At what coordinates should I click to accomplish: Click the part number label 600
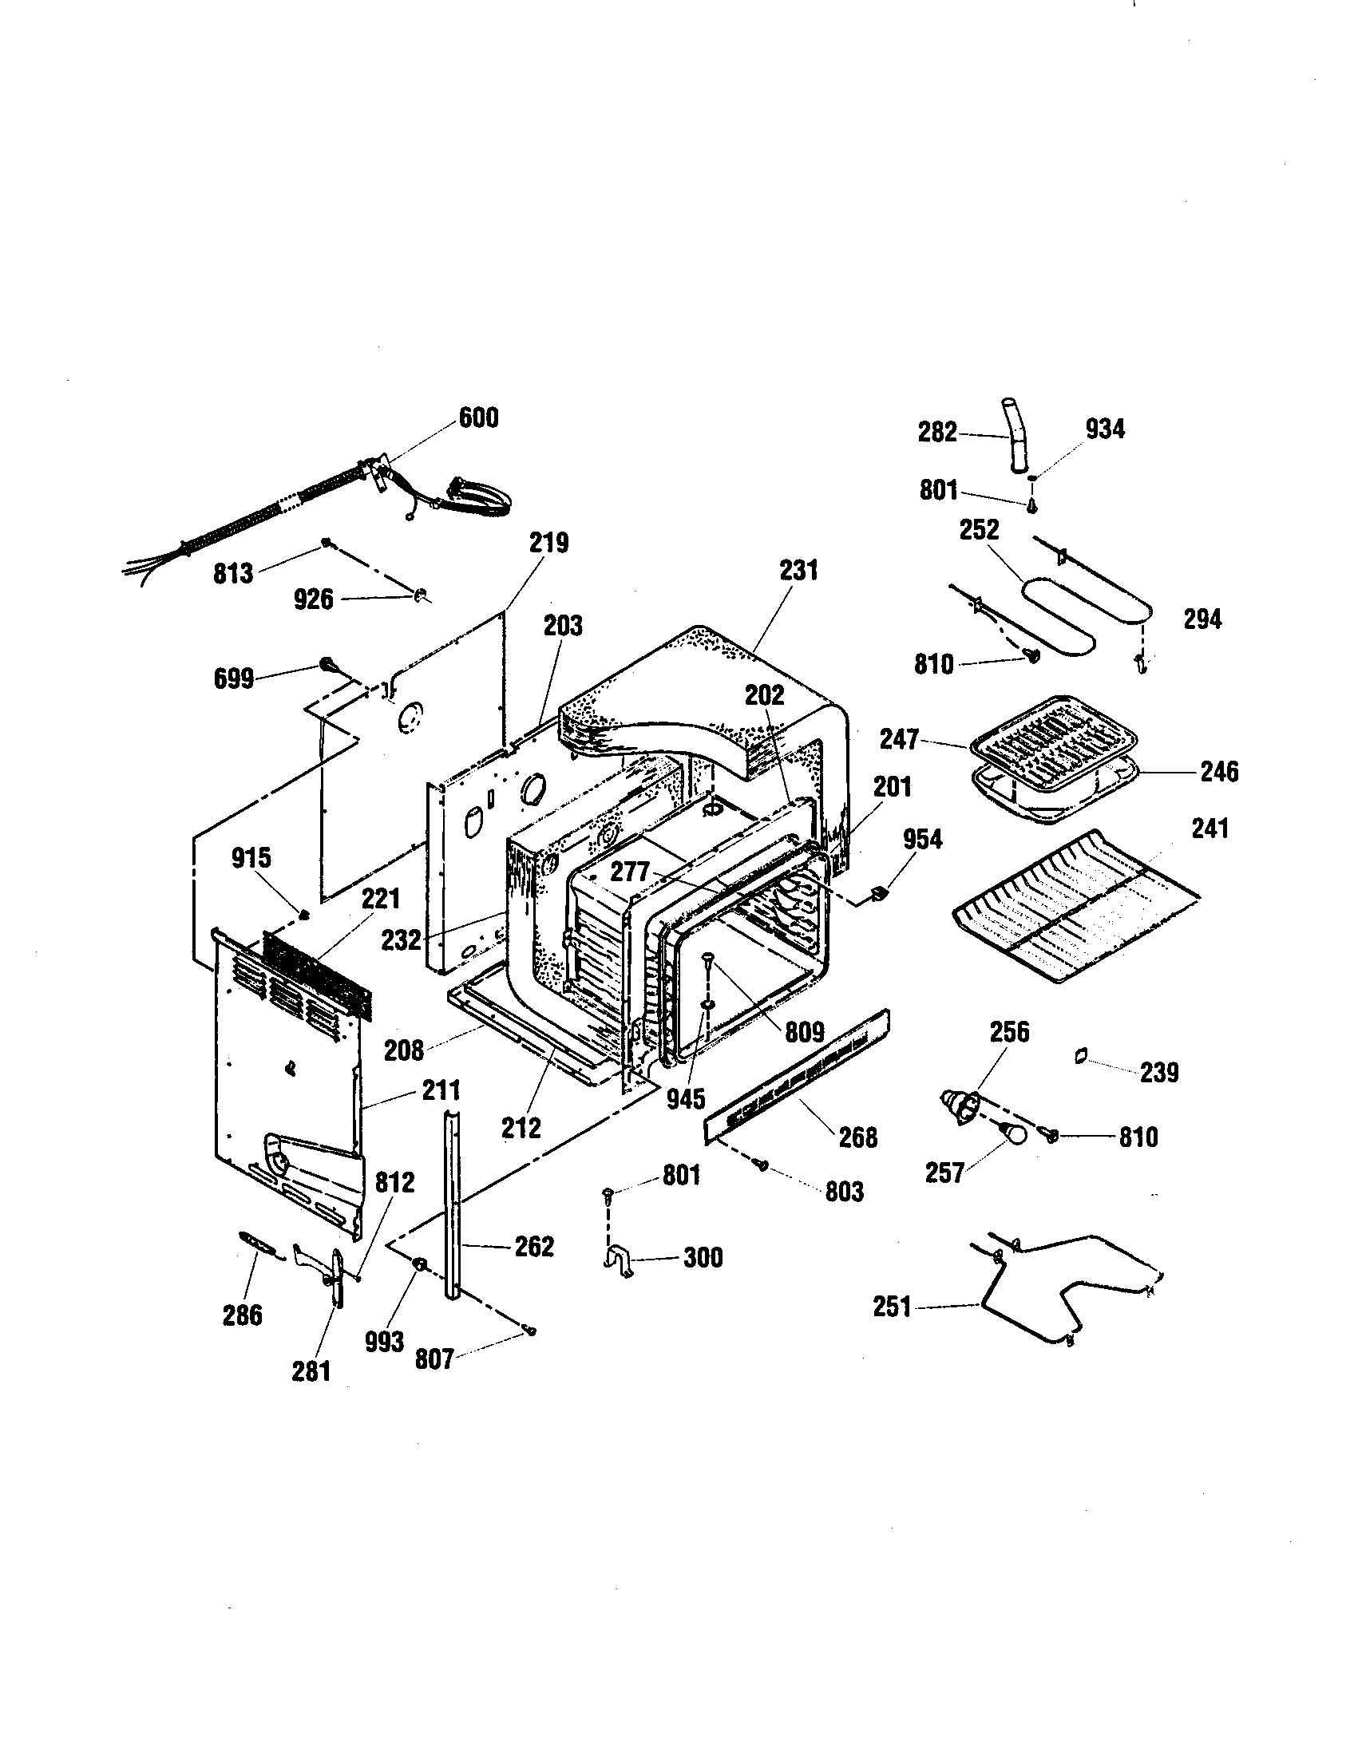[478, 418]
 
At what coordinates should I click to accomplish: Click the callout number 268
[858, 1137]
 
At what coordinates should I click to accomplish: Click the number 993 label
[384, 1341]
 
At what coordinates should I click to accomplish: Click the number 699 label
[234, 678]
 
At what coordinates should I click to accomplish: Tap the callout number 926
[314, 599]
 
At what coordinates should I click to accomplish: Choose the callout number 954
[922, 840]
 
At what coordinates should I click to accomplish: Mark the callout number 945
[685, 1098]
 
